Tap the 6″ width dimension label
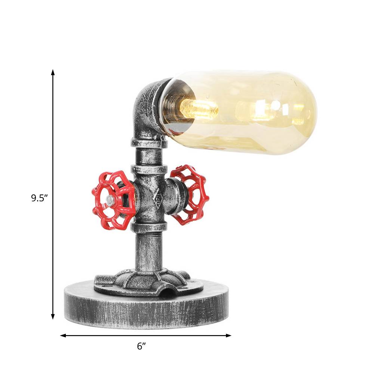pos(141,346)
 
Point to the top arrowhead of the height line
pos(53,72)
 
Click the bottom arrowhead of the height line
pos(53,316)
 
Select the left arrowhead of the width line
pos(63,335)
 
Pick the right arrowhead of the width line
pos(228,335)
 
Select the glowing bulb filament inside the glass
pos(199,109)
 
